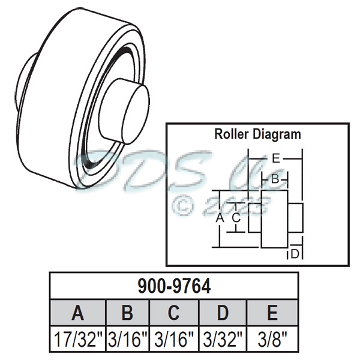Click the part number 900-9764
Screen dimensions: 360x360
coord(174,286)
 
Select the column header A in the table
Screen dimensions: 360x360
coord(78,313)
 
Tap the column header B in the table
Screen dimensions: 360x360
coord(127,313)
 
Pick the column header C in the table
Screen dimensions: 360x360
coord(173,313)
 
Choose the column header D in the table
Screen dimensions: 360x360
coord(222,313)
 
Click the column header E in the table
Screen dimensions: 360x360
coord(272,313)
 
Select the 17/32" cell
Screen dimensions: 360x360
coord(78,340)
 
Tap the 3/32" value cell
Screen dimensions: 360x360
coord(222,340)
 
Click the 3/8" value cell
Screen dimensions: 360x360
coord(272,340)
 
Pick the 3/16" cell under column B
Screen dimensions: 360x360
coord(127,340)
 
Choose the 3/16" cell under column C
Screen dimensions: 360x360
coord(173,340)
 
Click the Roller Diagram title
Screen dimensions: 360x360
coord(257,134)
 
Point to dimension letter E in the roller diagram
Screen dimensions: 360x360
coord(275,159)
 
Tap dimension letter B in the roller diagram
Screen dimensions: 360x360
coord(275,178)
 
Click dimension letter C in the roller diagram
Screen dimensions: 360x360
coord(236,218)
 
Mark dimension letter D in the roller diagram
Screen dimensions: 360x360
coord(295,254)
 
